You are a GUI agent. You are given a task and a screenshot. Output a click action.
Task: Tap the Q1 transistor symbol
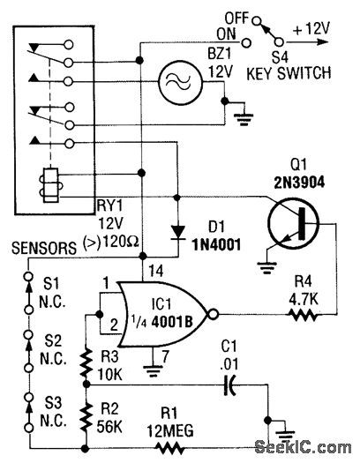point(291,212)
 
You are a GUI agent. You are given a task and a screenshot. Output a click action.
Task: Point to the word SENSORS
point(39,250)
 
